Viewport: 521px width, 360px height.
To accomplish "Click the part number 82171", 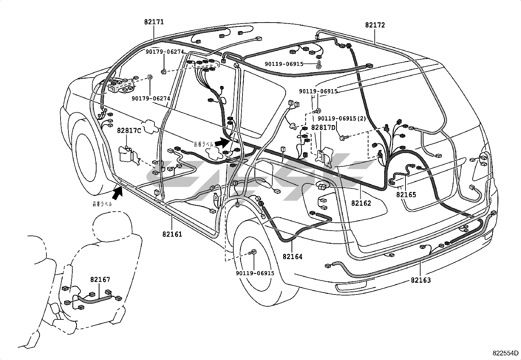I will click(154, 22).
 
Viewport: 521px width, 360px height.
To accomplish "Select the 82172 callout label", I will click(375, 25).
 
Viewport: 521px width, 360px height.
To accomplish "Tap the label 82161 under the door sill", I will click(172, 234).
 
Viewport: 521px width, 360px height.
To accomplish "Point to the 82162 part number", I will click(361, 203).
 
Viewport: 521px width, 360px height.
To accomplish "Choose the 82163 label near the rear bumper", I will click(421, 280).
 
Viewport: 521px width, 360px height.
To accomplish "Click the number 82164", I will click(293, 256).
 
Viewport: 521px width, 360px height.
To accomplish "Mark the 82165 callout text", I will click(406, 195).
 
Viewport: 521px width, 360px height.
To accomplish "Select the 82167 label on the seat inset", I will click(100, 279).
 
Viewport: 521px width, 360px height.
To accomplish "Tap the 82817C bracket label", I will click(129, 131).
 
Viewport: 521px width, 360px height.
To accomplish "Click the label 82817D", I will click(323, 127).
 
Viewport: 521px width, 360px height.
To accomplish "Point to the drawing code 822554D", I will click(506, 353).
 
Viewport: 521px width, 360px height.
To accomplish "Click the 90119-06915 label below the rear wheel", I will click(255, 273).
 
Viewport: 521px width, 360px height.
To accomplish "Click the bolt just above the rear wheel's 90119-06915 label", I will click(253, 252).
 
